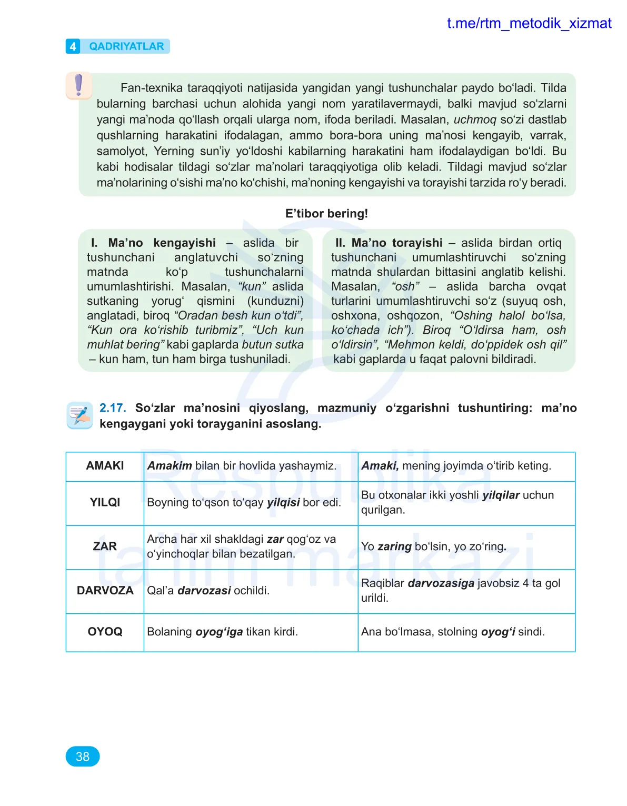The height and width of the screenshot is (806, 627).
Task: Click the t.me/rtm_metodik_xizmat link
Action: click(x=529, y=24)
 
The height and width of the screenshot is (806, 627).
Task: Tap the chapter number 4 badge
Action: click(x=73, y=46)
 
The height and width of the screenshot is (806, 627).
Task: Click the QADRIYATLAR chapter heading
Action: click(x=126, y=46)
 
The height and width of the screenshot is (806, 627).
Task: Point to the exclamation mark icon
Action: click(x=79, y=85)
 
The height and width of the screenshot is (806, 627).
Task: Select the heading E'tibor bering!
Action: click(x=326, y=214)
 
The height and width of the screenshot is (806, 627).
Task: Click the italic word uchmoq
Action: click(x=474, y=120)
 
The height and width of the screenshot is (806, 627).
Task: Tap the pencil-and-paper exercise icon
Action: click(x=80, y=415)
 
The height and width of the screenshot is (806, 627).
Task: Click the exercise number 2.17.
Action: click(x=113, y=408)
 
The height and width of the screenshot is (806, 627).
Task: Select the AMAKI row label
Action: click(x=105, y=466)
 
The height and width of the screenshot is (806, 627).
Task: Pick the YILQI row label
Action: click(x=105, y=502)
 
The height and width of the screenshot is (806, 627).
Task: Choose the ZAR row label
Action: click(x=105, y=546)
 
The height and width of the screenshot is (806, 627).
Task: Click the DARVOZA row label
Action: click(x=105, y=591)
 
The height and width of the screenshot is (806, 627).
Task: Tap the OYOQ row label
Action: click(x=105, y=632)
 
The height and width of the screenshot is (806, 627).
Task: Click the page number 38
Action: click(x=83, y=757)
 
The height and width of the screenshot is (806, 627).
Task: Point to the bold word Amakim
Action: click(x=170, y=466)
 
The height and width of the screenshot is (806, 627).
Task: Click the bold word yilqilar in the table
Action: click(x=501, y=495)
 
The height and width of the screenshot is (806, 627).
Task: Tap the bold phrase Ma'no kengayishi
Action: click(x=162, y=243)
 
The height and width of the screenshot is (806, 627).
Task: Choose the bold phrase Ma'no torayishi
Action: click(x=397, y=243)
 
